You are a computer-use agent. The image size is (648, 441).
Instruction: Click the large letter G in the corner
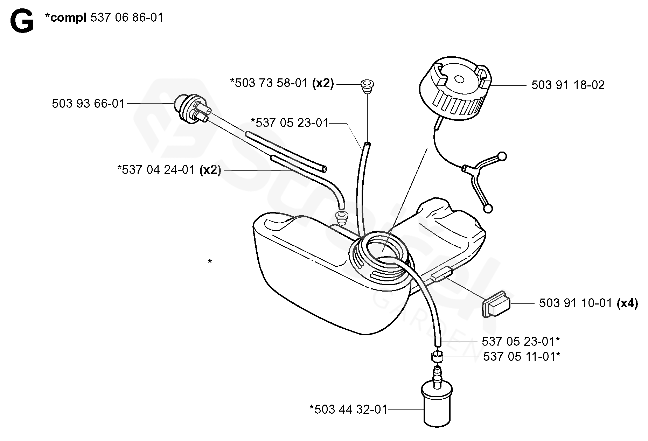point(22,22)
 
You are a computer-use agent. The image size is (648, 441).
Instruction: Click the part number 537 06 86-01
point(127,17)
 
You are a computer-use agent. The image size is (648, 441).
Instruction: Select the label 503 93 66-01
point(88,104)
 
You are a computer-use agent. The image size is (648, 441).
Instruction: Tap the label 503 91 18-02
point(568,85)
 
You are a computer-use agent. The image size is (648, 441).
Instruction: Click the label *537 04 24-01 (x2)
point(169,170)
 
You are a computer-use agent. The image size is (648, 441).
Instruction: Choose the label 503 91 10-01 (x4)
point(588,303)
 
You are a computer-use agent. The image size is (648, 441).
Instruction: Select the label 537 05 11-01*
point(521,357)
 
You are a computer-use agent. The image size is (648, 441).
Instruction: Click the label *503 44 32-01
point(349,409)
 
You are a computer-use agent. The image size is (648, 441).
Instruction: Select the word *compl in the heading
point(66,17)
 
